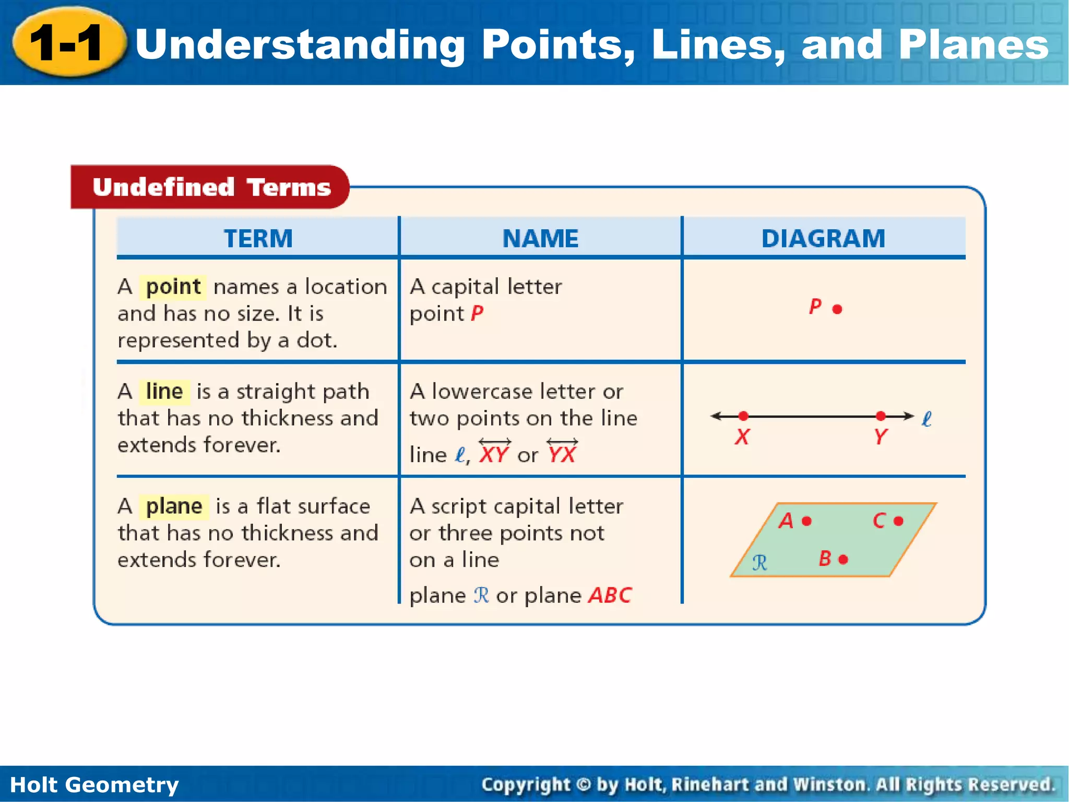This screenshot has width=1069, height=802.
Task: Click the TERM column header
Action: click(258, 239)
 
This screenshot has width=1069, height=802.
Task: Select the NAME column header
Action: click(540, 239)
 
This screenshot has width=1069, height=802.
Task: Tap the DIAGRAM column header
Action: click(823, 239)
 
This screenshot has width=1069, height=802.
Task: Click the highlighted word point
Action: click(173, 287)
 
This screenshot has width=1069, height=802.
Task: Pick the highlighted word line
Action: click(164, 392)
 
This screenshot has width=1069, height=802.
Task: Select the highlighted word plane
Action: click(174, 506)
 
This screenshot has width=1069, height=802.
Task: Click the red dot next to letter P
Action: click(837, 309)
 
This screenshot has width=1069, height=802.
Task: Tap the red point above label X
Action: click(743, 416)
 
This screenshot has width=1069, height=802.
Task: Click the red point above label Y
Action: click(881, 416)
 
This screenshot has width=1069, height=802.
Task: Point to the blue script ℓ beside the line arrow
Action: click(927, 419)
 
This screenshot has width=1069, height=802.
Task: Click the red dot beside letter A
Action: click(806, 521)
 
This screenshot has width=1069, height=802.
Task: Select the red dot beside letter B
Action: click(843, 560)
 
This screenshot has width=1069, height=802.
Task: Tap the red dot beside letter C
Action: click(898, 521)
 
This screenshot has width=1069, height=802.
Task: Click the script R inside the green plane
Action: click(760, 563)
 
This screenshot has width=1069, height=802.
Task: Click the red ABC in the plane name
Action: click(610, 596)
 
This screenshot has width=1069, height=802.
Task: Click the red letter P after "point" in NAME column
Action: click(477, 314)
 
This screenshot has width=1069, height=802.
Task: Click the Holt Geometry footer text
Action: click(94, 785)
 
